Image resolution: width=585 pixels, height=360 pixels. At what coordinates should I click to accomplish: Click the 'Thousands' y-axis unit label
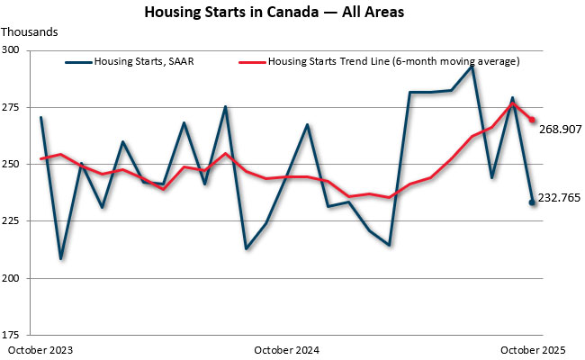click(30, 31)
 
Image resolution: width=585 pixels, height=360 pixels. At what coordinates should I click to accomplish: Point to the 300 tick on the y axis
click(17, 49)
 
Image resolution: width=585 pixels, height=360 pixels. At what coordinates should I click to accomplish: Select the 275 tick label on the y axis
click(17, 107)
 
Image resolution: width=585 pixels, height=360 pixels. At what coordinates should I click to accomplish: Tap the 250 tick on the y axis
click(17, 164)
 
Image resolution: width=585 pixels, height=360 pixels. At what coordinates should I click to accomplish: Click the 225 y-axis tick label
click(17, 220)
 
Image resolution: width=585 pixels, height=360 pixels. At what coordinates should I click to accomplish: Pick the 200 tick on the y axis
click(17, 278)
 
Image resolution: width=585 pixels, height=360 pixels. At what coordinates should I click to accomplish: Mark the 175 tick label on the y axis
click(17, 335)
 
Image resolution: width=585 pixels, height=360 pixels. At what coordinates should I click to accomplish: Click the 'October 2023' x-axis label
click(40, 349)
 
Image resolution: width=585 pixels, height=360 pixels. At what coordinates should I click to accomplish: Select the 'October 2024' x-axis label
click(287, 349)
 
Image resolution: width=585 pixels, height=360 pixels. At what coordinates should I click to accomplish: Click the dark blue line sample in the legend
click(79, 62)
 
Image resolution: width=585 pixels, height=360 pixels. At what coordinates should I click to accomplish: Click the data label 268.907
click(560, 130)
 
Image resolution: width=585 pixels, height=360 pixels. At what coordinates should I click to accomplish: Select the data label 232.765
click(560, 198)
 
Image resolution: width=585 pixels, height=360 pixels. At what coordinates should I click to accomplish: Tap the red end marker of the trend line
click(532, 120)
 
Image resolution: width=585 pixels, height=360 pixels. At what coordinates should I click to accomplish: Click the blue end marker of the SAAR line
click(532, 202)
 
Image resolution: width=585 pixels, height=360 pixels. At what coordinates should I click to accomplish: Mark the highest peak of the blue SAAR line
click(472, 67)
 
